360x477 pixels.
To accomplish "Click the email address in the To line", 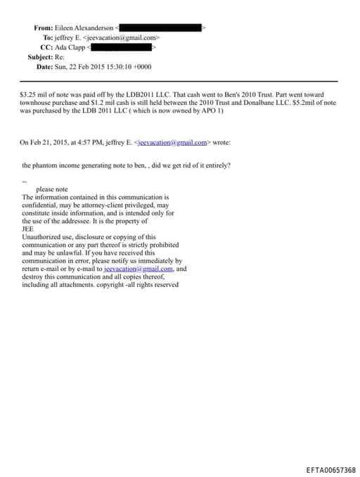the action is click(x=129, y=37).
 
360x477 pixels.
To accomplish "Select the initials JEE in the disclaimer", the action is click(x=28, y=229).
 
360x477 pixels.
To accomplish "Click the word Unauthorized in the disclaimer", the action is click(x=42, y=237).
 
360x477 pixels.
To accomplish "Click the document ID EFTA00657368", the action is click(x=330, y=469).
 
